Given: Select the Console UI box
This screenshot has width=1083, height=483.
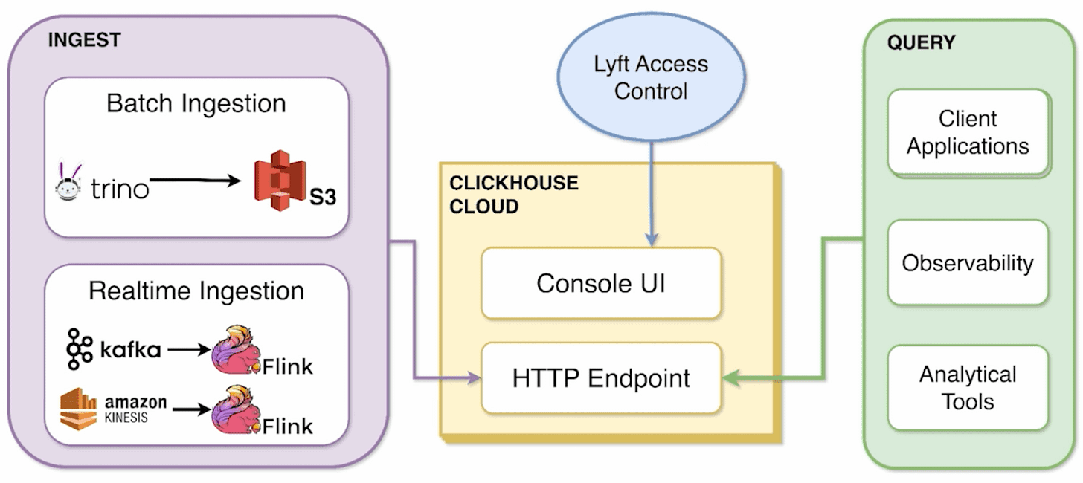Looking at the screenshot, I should (601, 283).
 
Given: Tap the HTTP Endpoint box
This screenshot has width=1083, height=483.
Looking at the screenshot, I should (601, 378).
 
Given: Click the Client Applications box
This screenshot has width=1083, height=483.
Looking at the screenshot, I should (968, 132).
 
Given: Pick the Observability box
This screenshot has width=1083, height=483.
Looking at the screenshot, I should (968, 262).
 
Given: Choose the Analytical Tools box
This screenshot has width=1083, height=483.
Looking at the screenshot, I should (968, 387).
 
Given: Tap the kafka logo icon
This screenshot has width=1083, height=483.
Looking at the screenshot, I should (79, 349).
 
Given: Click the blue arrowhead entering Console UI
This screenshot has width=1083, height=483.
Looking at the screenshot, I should (652, 240).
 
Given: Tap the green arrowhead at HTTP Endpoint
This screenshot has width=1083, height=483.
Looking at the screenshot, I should (731, 378).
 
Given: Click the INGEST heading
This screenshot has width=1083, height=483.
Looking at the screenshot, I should (84, 40).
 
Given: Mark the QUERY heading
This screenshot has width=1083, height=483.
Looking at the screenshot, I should (921, 43).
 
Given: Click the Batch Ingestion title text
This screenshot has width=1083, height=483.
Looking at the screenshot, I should (196, 103).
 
